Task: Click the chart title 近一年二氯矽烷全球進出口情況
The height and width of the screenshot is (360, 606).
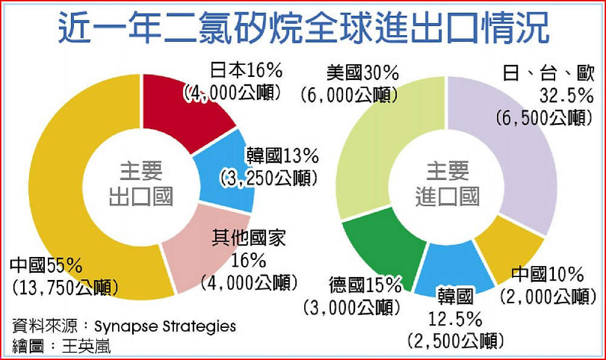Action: pyautogui.click(x=303, y=28)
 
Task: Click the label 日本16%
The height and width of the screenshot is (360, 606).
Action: pyautogui.click(x=246, y=71)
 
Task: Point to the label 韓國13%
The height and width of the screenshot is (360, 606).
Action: pyautogui.click(x=282, y=156)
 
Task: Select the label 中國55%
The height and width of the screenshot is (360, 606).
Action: pyautogui.click(x=46, y=265)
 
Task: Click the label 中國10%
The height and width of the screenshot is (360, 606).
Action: pyautogui.click(x=547, y=275)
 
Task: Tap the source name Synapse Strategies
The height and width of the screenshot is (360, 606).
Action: pyautogui.click(x=165, y=327)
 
